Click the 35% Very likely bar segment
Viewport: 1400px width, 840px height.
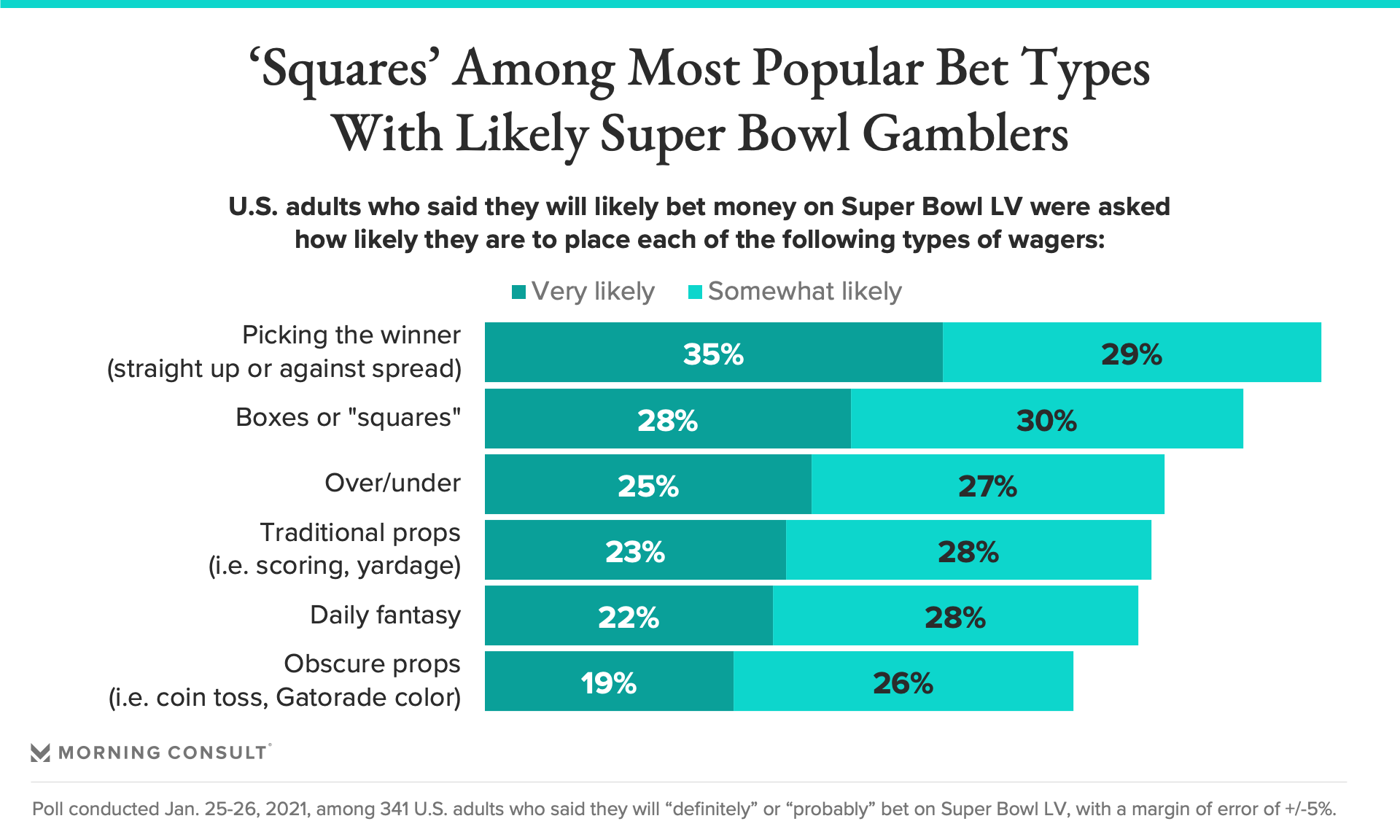coord(713,353)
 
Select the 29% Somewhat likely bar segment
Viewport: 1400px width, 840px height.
coord(1131,353)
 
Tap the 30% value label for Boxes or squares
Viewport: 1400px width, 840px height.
coord(1046,421)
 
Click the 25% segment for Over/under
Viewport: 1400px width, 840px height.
coord(647,485)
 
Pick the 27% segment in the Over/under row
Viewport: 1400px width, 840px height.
coord(987,485)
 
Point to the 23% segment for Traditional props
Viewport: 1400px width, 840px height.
coord(634,551)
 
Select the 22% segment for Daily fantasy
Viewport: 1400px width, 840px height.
coord(628,616)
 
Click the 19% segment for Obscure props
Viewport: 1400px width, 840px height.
coord(608,682)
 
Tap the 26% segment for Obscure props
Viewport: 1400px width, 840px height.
coord(903,682)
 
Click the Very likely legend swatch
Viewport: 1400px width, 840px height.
coord(519,292)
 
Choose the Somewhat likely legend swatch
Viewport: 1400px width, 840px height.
coord(695,292)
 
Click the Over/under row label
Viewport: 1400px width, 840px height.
coord(392,483)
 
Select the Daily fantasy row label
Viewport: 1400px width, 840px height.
coord(385,615)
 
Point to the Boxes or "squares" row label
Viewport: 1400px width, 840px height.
coord(348,417)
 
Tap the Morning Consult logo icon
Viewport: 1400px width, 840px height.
coord(41,752)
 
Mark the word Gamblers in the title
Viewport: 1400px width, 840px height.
coord(965,135)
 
